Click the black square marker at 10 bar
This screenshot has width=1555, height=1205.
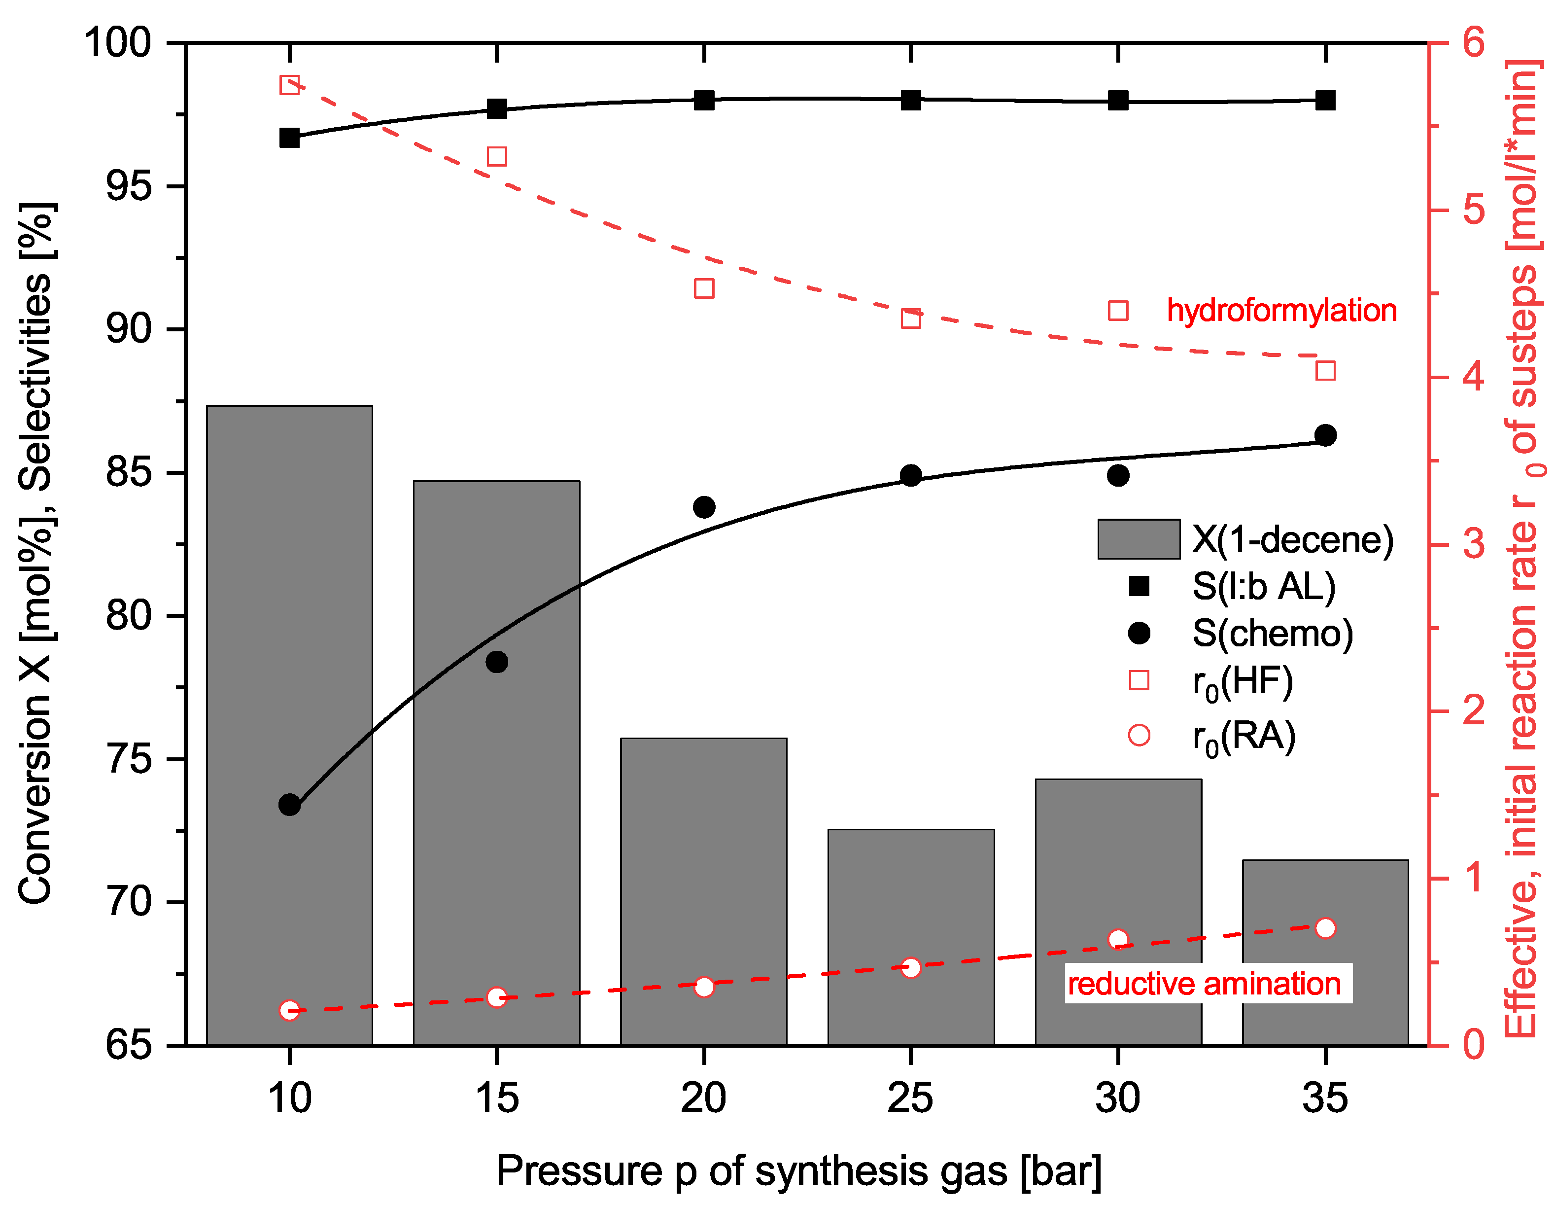(289, 138)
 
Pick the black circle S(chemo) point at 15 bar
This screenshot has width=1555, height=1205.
(497, 662)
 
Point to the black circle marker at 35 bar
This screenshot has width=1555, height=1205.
(1325, 435)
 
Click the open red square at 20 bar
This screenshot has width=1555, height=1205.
(703, 288)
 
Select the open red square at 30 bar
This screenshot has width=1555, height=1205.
(1118, 311)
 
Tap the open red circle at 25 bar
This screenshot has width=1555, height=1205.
(911, 967)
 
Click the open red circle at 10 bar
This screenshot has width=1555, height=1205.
(289, 1010)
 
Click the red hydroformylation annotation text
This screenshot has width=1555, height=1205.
(1281, 311)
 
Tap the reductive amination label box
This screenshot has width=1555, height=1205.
(1208, 984)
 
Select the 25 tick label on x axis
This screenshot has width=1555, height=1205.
(911, 1098)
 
